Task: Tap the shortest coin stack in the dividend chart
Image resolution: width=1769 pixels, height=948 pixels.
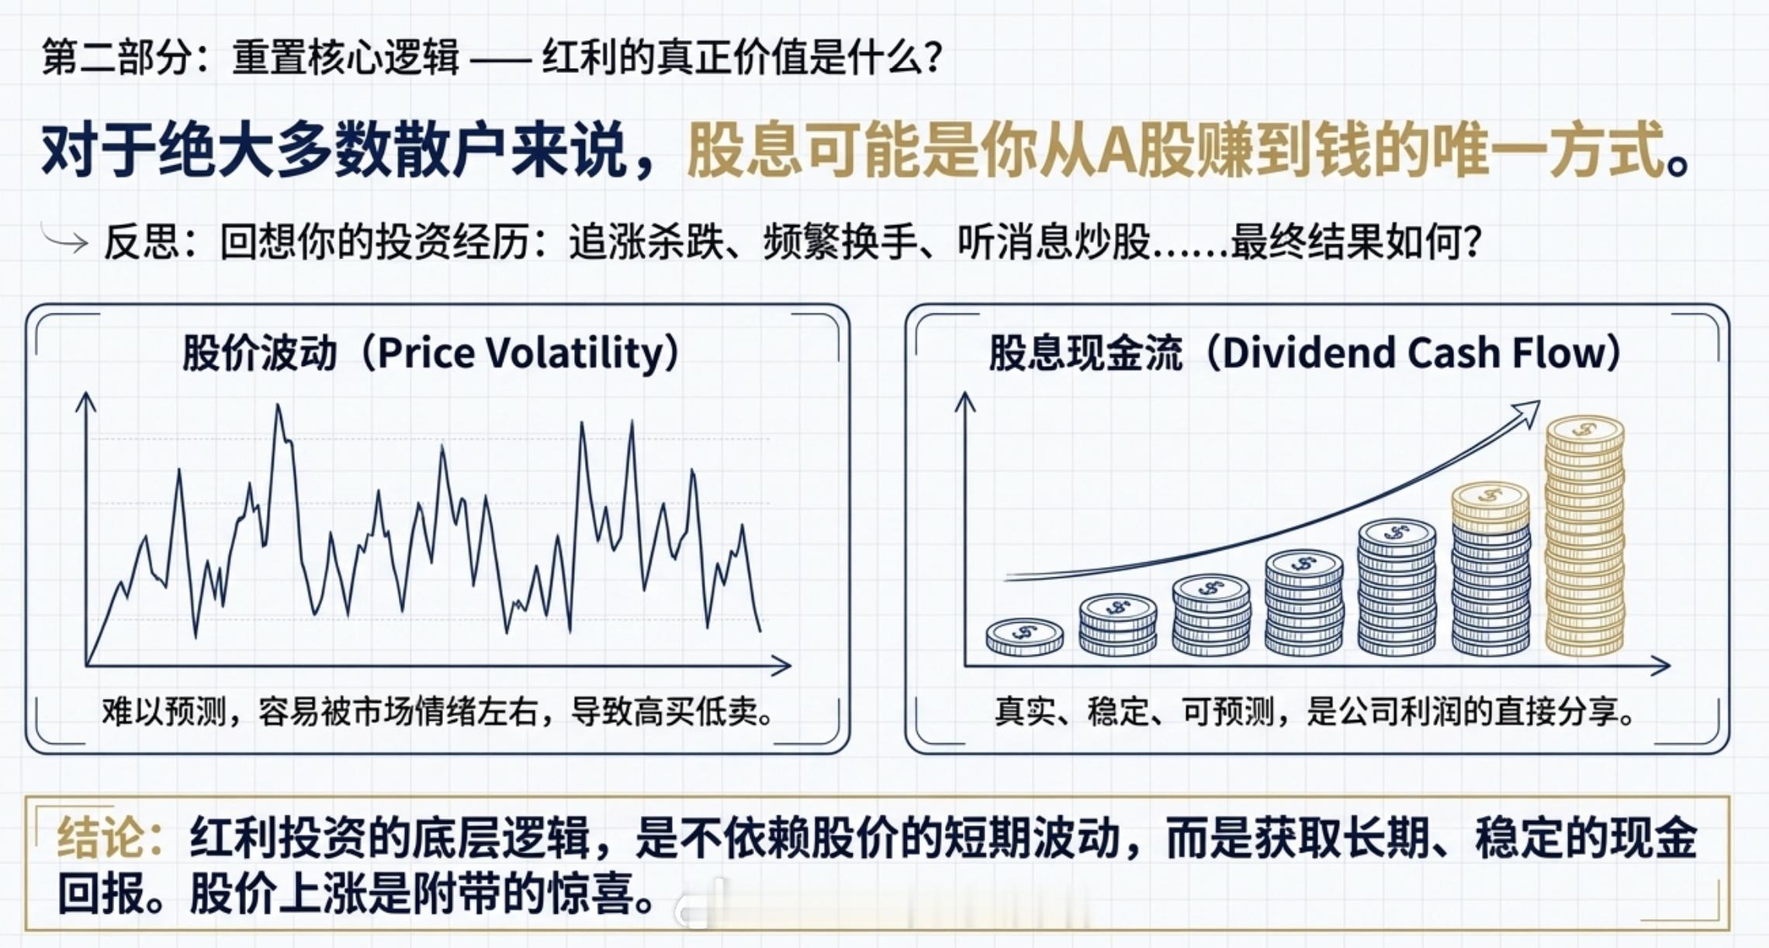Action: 1025,638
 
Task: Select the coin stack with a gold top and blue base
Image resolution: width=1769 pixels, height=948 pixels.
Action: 1490,569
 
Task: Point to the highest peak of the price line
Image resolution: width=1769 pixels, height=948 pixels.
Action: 278,407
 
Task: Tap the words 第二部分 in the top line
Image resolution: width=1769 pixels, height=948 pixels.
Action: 117,57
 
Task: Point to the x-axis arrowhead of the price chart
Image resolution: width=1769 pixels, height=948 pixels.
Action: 781,665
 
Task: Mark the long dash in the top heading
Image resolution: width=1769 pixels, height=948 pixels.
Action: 500,59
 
